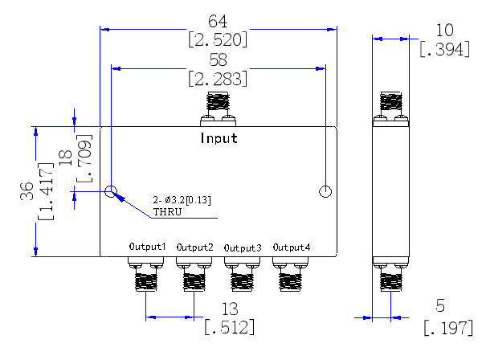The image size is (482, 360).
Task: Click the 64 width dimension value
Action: (218, 22)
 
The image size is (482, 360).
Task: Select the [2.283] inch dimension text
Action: (218, 79)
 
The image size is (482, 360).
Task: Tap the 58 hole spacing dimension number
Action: (218, 60)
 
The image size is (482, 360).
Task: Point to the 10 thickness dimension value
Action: (444, 31)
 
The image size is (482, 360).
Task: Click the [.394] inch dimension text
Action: (445, 49)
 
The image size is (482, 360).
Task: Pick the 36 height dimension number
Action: (27, 191)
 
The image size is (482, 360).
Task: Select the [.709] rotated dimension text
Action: (84, 158)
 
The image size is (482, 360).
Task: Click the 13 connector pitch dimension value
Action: (230, 309)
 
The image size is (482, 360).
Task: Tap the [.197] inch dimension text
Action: (448, 328)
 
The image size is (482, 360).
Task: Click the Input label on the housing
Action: (219, 138)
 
